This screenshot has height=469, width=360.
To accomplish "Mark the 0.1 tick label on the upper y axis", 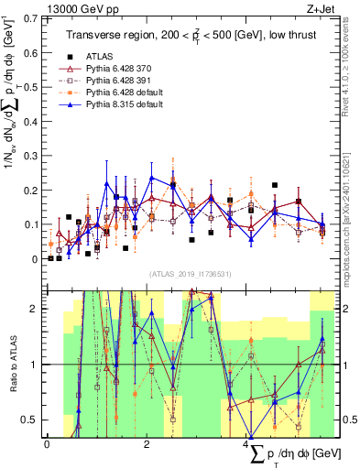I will tap(32, 224).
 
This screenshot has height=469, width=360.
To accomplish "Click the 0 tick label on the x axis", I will tap(47, 443).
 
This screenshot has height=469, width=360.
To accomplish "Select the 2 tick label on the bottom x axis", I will tap(147, 443).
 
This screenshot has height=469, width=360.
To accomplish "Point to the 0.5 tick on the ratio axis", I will tap(33, 420).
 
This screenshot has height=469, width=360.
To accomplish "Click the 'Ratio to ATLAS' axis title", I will tap(12, 365).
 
